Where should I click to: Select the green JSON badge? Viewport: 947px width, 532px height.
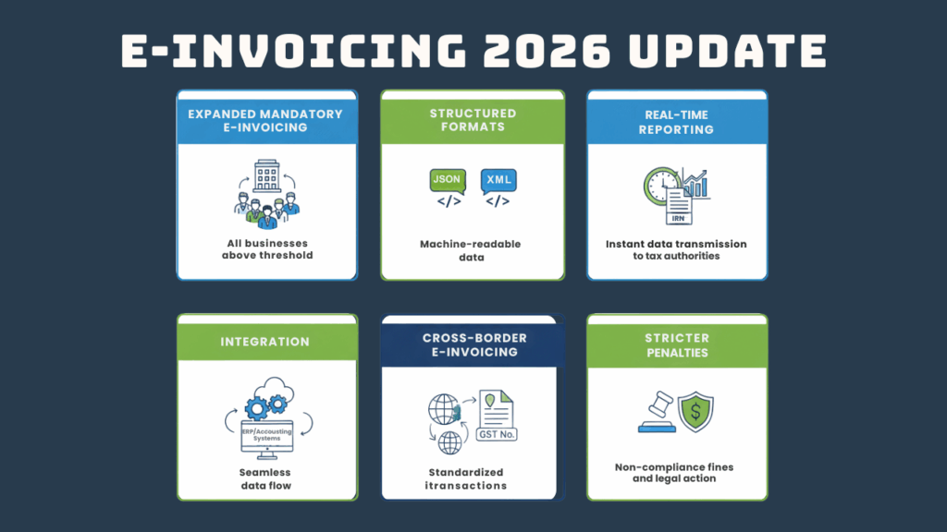447,179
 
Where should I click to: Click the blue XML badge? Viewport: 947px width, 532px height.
498,179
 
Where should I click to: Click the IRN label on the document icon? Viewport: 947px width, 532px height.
678,218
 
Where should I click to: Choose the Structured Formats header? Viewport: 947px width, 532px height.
473,120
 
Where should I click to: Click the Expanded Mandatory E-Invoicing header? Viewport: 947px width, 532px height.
265,120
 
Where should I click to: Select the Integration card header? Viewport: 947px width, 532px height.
265,342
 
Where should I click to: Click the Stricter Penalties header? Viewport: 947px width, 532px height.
678,345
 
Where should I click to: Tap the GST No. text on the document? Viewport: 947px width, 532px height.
497,433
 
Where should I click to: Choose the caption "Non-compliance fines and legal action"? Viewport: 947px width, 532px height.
678,473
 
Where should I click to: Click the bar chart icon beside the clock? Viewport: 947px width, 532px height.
695,184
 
